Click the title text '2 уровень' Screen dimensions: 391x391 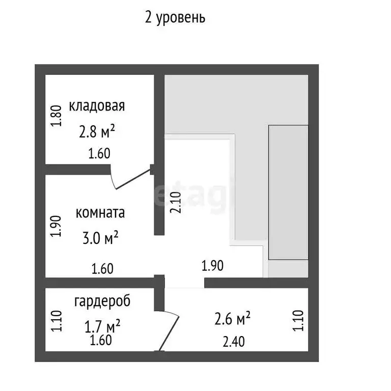pos(175,18)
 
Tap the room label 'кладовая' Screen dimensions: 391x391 pos(97,106)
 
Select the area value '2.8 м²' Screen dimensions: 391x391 pos(97,132)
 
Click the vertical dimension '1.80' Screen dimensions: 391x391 pos(57,116)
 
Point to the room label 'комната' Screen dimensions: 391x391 pos(100,213)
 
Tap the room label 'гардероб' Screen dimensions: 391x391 pos(102,301)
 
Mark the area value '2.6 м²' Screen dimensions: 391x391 pos(232,319)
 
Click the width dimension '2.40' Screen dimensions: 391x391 pos(234,342)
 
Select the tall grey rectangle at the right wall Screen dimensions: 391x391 pos(289,192)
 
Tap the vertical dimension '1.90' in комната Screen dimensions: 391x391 pos(57,227)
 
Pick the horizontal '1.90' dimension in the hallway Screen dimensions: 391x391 pos(213,265)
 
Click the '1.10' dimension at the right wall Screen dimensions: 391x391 pos(299,321)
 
